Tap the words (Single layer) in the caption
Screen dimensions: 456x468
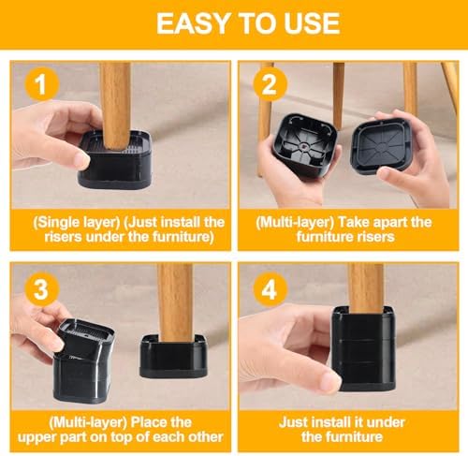(79, 222)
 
